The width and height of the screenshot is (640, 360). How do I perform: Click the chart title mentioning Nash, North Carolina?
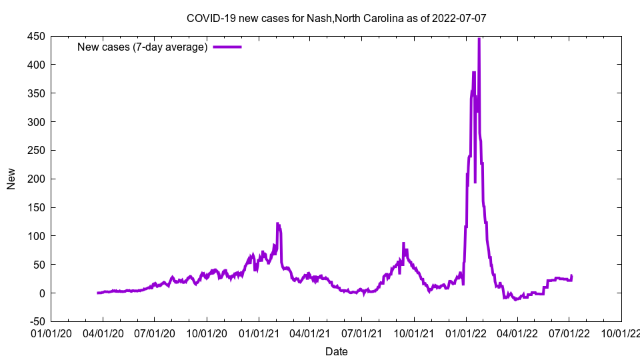coord(336,18)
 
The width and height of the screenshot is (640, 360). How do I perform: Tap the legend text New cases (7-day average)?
coord(143,47)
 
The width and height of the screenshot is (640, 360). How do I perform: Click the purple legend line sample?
coord(227,47)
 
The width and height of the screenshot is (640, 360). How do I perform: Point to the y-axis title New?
coord(11,179)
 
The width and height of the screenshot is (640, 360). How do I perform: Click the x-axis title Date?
coord(336,351)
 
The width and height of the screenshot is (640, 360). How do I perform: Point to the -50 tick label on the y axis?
coord(36,322)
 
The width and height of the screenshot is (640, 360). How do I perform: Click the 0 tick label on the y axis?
coord(41,293)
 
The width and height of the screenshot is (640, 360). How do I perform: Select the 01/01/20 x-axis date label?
coord(51,333)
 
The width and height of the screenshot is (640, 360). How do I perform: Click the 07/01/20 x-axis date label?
coord(155,333)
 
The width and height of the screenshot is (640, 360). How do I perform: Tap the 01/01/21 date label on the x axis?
coord(259,333)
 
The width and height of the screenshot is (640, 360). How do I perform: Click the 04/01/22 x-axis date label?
coord(517,333)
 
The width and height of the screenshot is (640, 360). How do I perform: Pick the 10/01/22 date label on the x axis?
coord(621,333)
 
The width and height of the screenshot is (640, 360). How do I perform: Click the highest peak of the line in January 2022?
coord(479,39)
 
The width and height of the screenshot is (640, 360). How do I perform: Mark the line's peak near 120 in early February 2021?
coord(277,223)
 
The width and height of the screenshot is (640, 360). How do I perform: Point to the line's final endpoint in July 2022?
coord(571,275)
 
